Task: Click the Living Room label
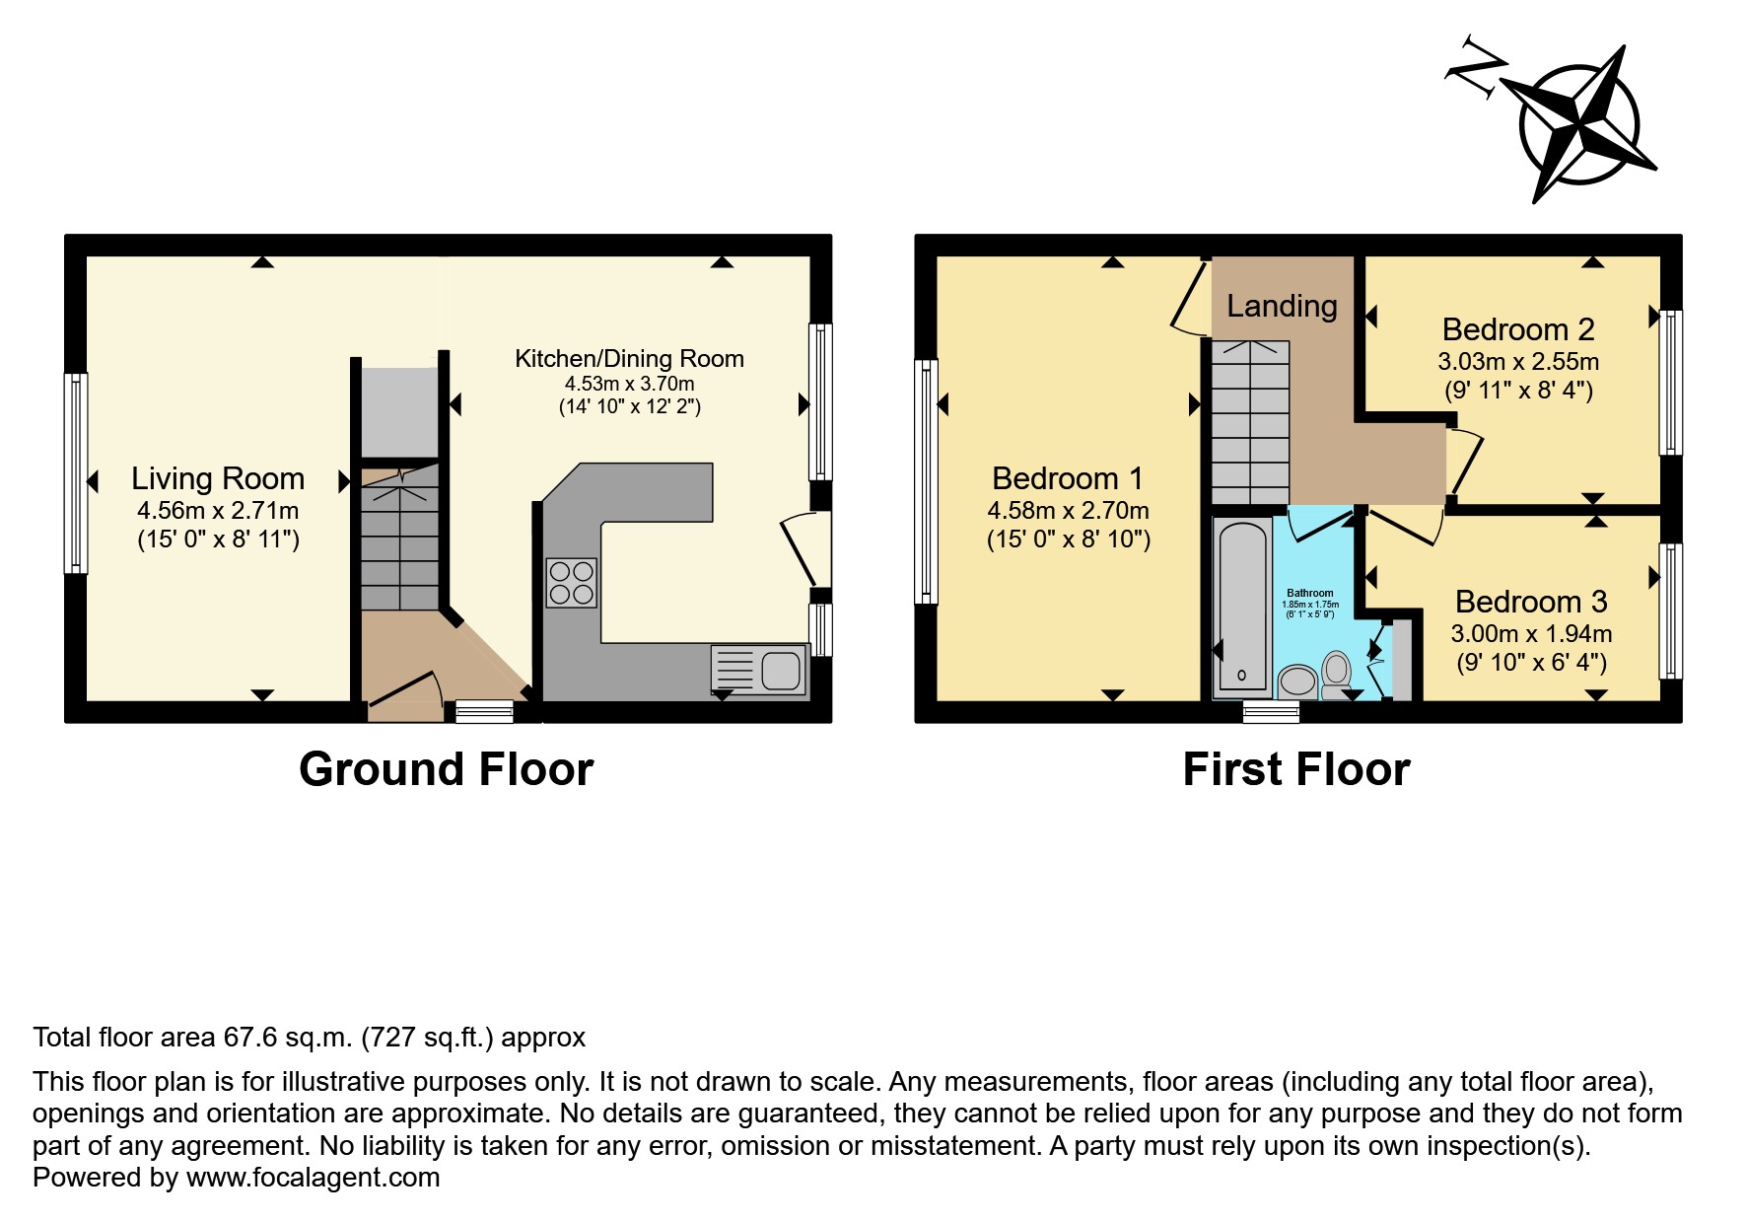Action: tap(218, 478)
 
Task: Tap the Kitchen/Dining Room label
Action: tap(629, 359)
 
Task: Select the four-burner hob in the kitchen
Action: tap(571, 582)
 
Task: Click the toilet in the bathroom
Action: tap(1336, 675)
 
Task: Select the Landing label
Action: tap(1282, 306)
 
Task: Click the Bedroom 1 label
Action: tap(1068, 478)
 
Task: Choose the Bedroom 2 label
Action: tap(1518, 329)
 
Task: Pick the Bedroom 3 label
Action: tap(1531, 602)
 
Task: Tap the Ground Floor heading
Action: tap(447, 769)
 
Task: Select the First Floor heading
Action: tap(1296, 769)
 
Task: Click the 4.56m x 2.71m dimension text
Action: tap(218, 511)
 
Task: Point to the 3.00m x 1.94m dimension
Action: tap(1531, 634)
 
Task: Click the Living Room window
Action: tap(76, 472)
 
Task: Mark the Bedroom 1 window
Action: tap(926, 481)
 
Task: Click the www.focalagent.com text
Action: tap(314, 1178)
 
